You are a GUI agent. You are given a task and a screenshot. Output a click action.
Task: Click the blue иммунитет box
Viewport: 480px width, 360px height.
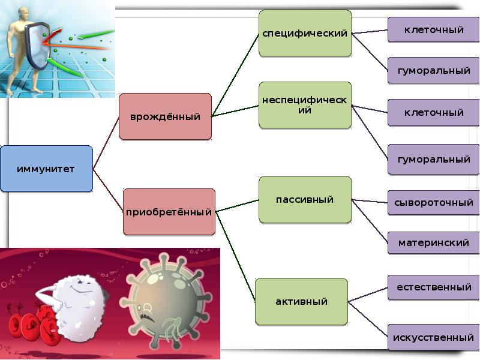tap(46, 169)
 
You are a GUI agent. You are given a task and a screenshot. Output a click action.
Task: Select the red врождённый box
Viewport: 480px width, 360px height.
tap(165, 116)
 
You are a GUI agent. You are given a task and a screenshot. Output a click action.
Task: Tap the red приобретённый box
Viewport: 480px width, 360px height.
tap(169, 212)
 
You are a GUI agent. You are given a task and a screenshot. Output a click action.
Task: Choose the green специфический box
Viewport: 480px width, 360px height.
tap(305, 34)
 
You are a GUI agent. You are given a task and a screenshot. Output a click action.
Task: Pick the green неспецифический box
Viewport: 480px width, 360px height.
tap(305, 105)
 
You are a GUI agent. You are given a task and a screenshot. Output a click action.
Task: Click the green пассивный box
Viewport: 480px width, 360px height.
tap(304, 199)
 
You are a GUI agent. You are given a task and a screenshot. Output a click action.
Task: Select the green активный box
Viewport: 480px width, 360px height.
tap(301, 301)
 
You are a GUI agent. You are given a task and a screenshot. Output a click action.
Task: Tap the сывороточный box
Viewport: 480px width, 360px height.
tap(434, 202)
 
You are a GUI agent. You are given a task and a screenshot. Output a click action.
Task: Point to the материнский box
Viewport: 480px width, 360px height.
tap(433, 243)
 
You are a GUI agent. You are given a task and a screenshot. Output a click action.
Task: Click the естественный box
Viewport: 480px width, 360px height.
tap(433, 287)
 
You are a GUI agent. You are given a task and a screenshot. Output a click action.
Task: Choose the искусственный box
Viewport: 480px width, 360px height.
tap(433, 337)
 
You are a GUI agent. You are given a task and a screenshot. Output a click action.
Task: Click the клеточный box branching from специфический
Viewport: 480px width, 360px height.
tap(433, 29)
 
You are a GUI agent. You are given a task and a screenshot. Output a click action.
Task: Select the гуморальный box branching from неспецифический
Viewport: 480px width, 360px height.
tap(433, 160)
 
